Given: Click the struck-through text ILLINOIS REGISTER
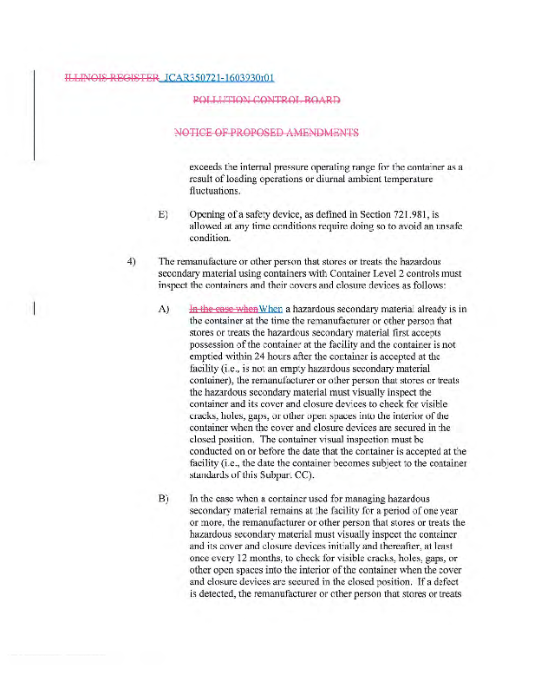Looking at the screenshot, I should (112, 79).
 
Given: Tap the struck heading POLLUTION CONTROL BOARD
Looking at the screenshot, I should (266, 101).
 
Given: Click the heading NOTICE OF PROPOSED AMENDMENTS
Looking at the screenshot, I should (266, 133).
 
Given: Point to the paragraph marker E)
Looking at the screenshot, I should (162, 213).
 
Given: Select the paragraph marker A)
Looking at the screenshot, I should (162, 309).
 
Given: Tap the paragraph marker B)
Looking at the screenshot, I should (162, 500).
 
